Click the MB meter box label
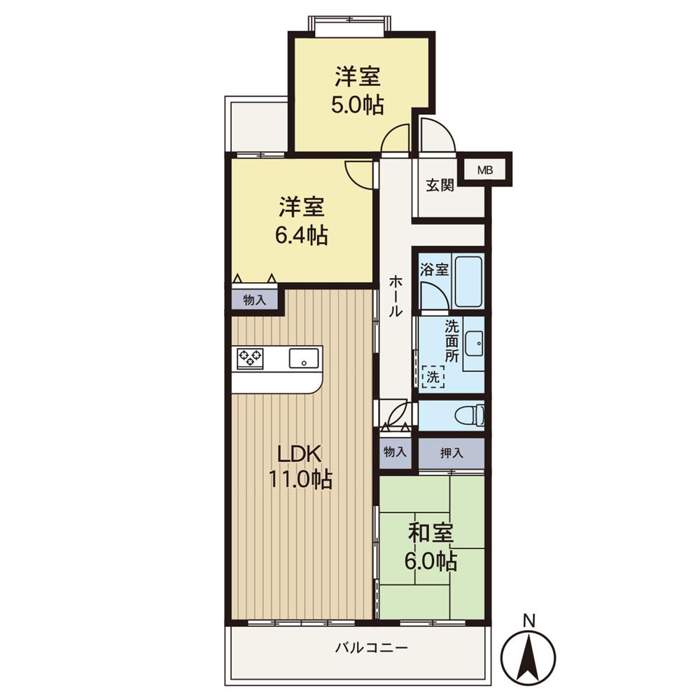coord(484,169)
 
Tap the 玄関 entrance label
coord(440,185)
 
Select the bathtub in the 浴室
coord(469,281)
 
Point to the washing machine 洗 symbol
coord(433,377)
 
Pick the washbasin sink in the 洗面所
coord(475,344)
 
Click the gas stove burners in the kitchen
coord(251,358)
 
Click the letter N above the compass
coord(530,619)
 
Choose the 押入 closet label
coord(451,453)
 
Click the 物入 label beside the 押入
coord(395,452)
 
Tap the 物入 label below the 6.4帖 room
coord(254,300)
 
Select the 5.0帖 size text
coord(357,106)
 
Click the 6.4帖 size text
coord(302,236)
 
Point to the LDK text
coord(300,454)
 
